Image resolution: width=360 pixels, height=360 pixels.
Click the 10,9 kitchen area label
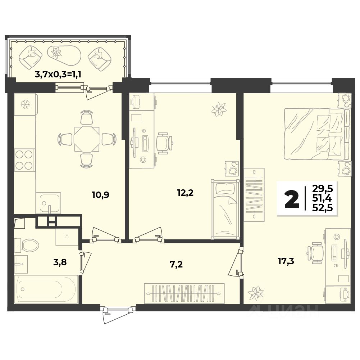click(x=100, y=195)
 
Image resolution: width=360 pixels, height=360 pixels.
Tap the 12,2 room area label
click(x=185, y=193)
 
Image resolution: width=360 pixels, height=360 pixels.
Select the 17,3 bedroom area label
click(x=286, y=261)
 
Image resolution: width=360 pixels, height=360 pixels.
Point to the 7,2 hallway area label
click(x=176, y=265)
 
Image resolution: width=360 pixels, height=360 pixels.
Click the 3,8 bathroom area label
click(x=60, y=262)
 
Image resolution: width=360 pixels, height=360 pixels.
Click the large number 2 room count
click(x=292, y=200)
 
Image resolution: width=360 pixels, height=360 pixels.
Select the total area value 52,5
click(x=322, y=208)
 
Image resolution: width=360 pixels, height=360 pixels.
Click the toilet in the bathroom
click(x=27, y=245)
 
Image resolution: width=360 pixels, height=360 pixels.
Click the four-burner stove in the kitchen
click(x=24, y=160)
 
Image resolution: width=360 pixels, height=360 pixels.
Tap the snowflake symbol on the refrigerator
click(x=25, y=105)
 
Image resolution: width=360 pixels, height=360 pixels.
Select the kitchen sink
click(x=48, y=203)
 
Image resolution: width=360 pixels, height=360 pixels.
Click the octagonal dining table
click(x=87, y=139)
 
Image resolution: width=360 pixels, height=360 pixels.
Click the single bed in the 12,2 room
click(x=225, y=209)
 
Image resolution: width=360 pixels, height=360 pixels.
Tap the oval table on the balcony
click(x=64, y=55)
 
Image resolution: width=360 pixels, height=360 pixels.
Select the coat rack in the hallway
click(x=184, y=293)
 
